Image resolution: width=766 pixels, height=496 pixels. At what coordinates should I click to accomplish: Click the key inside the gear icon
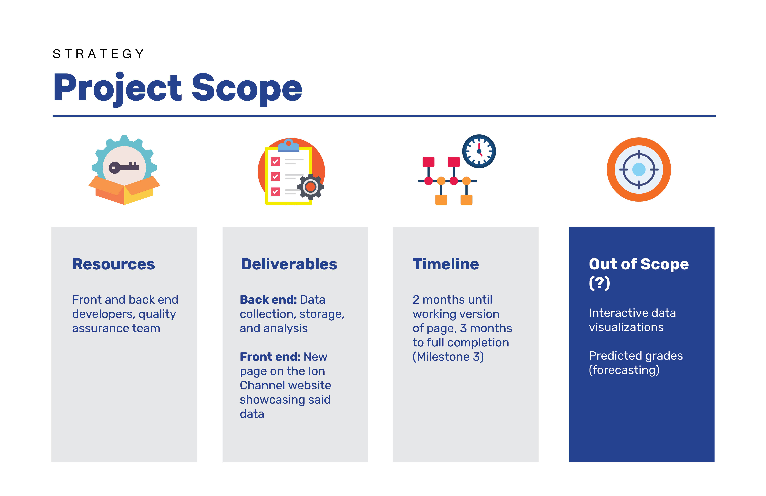(x=124, y=167)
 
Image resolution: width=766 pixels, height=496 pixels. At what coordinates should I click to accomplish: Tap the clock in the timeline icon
(x=479, y=151)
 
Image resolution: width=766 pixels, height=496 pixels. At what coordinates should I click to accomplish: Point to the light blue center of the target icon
(x=639, y=169)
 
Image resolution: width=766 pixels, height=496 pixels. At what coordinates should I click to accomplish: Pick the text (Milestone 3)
(x=448, y=357)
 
